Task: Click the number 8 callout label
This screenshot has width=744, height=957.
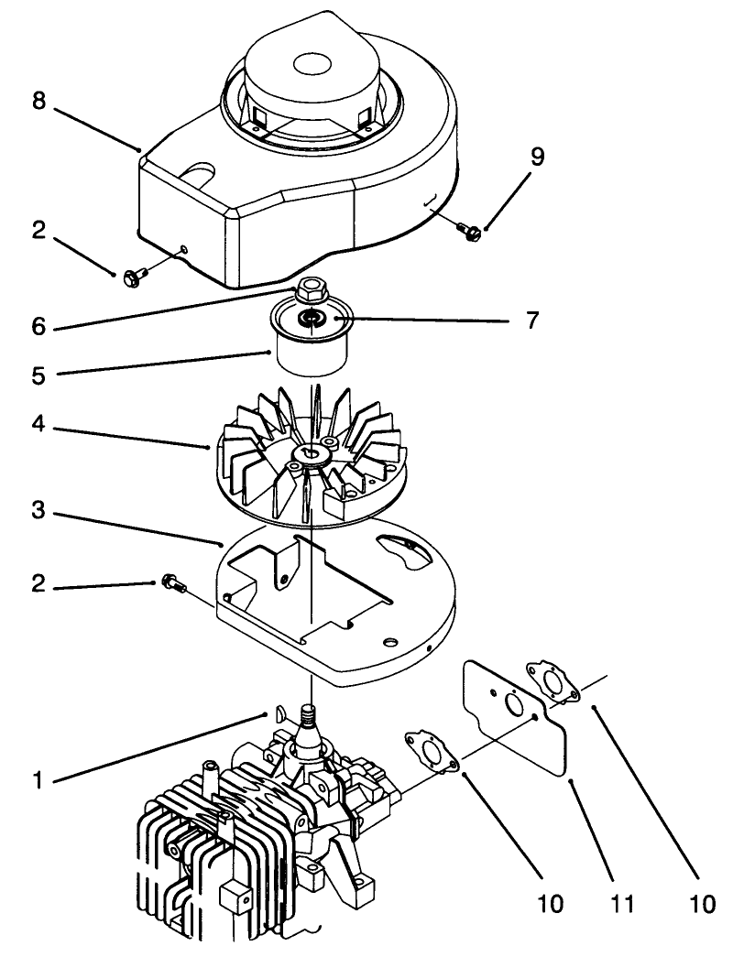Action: [38, 100]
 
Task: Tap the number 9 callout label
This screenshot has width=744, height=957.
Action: [537, 156]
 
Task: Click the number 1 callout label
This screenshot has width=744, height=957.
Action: [38, 781]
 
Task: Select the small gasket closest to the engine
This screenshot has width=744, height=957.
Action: [429, 749]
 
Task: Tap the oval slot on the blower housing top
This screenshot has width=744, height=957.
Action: [199, 170]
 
